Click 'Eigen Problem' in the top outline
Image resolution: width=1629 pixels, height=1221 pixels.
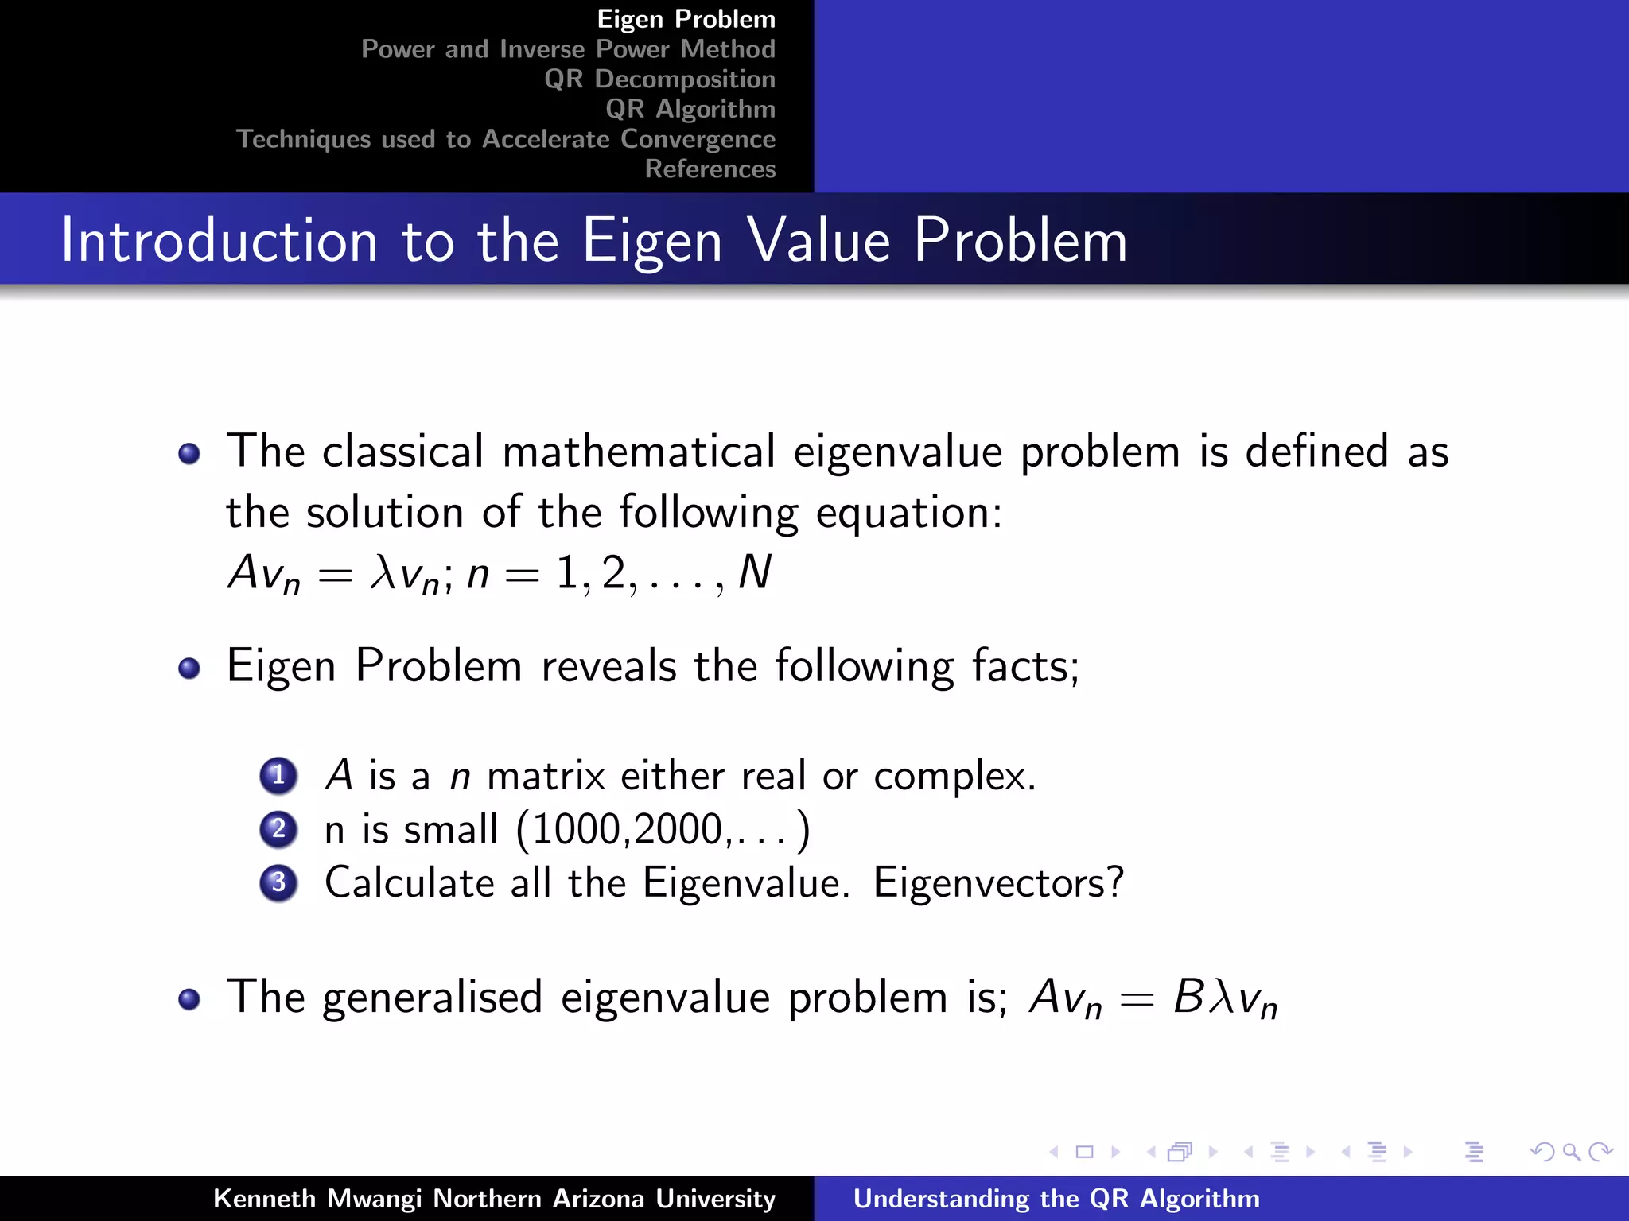click(x=686, y=19)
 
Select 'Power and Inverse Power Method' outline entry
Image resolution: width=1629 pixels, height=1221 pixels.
click(x=568, y=49)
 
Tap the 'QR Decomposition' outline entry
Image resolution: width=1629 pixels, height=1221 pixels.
click(x=659, y=79)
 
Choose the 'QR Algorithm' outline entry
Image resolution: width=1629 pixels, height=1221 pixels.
click(x=690, y=109)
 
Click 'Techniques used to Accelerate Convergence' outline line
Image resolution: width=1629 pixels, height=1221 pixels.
click(x=506, y=139)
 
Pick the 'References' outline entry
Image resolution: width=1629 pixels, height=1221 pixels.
click(x=710, y=169)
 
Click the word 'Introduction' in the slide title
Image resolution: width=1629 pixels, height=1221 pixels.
click(x=219, y=240)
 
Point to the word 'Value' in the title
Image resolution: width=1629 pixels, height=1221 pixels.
click(x=819, y=240)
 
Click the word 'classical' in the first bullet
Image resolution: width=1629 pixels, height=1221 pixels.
click(x=402, y=452)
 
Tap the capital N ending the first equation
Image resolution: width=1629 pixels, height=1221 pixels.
click(x=754, y=572)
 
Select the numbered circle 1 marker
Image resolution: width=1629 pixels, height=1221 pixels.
click(x=278, y=775)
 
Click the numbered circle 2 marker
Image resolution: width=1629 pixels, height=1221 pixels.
click(x=278, y=829)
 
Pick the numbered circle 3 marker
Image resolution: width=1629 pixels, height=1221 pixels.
click(x=278, y=882)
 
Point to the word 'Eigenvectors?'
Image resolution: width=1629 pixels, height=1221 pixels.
click(x=998, y=882)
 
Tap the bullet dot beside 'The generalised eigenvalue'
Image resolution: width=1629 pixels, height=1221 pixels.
click(x=189, y=998)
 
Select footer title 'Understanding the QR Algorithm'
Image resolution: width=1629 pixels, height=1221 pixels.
click(x=1056, y=1198)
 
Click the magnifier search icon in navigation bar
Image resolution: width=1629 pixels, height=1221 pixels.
click(x=1571, y=1152)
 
